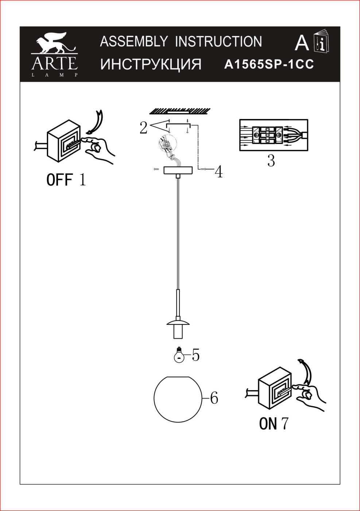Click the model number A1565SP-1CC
tap(269, 65)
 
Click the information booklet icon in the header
tap(322, 41)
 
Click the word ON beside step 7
tap(268, 423)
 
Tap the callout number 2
tap(143, 128)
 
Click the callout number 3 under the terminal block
tap(271, 161)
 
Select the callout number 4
tap(218, 172)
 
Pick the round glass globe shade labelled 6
tap(178, 399)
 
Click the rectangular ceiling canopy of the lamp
tap(178, 170)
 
